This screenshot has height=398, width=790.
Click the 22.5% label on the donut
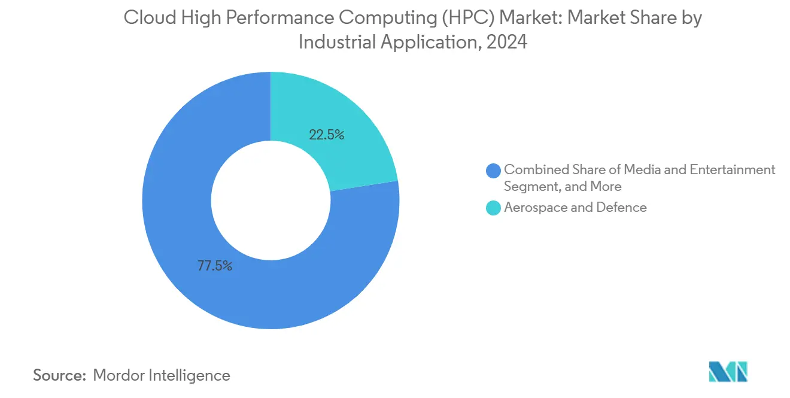pyautogui.click(x=326, y=135)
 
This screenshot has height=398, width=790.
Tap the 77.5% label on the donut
pyautogui.click(x=215, y=266)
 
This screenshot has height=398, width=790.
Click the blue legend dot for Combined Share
pyautogui.click(x=494, y=171)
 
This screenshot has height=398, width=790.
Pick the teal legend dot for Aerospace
pyautogui.click(x=494, y=208)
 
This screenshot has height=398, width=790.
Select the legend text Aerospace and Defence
pyautogui.click(x=575, y=208)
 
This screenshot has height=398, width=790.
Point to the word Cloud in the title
pyautogui.click(x=144, y=19)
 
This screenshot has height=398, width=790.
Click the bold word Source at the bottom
pyautogui.click(x=59, y=375)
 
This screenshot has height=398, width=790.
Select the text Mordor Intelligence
pyautogui.click(x=162, y=375)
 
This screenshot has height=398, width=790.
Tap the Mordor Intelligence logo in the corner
pyautogui.click(x=728, y=372)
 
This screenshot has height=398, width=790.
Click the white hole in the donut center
pyautogui.click(x=271, y=200)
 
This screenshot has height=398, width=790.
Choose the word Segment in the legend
pyautogui.click(x=531, y=187)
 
